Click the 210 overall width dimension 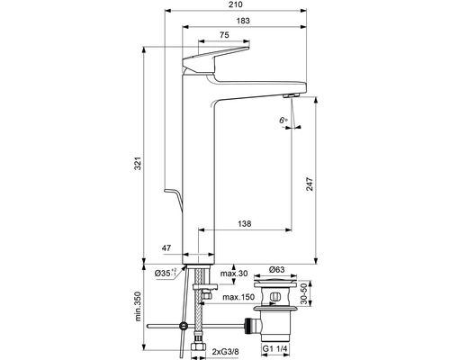(236, 4)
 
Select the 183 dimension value (243, 21)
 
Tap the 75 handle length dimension (224, 35)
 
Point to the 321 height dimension (138, 163)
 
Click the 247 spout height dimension (310, 184)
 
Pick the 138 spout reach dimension (245, 224)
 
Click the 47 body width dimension (166, 248)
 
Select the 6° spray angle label (283, 121)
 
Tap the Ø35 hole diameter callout (166, 273)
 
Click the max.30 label (234, 274)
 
